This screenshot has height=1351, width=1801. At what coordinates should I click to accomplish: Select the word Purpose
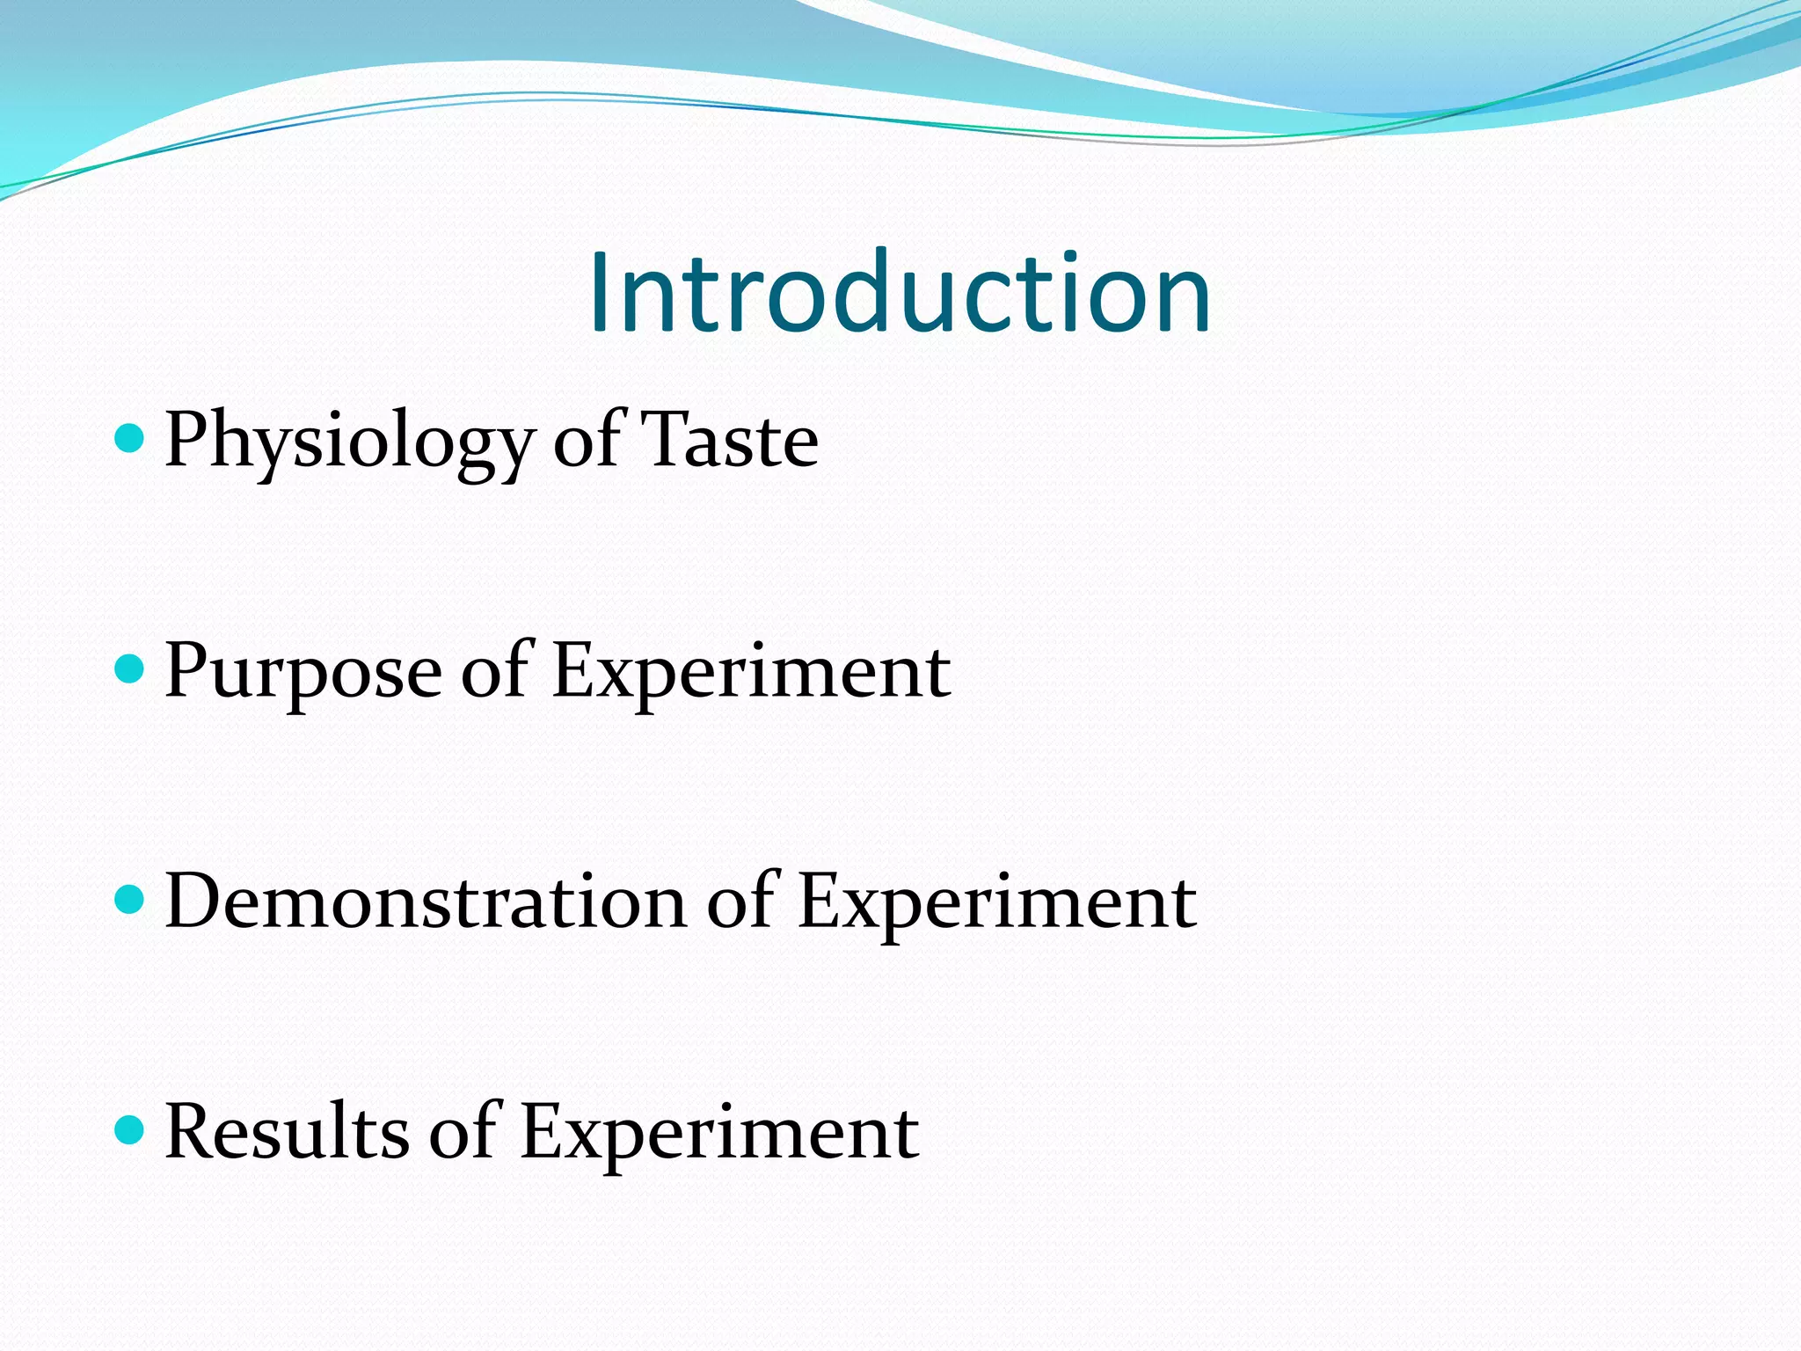coord(303,672)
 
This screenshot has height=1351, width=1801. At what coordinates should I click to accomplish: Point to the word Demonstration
coord(426,902)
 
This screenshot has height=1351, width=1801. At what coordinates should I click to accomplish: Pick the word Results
coord(287,1133)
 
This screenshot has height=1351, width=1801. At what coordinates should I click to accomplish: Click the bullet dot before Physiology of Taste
coord(129,437)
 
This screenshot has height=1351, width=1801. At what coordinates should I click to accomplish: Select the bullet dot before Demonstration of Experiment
coord(129,899)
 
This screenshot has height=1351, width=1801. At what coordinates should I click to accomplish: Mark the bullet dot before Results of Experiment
coord(129,1129)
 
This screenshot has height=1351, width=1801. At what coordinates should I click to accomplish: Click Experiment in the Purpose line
coord(752,672)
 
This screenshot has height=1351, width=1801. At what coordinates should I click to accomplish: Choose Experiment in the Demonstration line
coord(997,902)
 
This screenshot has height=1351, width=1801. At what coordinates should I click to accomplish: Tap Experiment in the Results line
coord(719,1133)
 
